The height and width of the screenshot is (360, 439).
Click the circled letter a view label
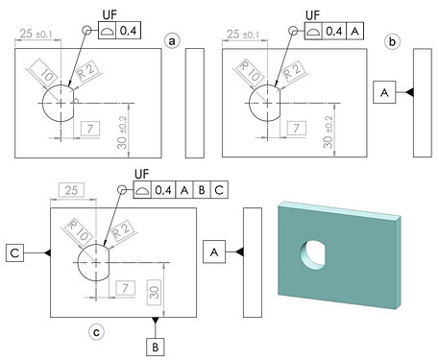(172, 40)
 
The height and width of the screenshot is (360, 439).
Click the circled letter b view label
(393, 41)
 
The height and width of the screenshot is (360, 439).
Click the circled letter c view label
(96, 332)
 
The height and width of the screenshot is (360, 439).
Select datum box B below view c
(156, 347)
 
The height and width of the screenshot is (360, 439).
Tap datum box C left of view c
(14, 252)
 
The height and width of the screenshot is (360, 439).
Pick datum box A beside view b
(384, 92)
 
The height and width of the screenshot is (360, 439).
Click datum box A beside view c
(214, 252)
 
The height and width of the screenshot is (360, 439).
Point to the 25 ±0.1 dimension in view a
(37, 34)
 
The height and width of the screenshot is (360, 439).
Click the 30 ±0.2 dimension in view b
(328, 132)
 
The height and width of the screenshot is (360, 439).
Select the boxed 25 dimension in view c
(71, 190)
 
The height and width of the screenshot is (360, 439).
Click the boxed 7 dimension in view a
(90, 129)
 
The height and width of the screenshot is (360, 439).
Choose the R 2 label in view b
(293, 71)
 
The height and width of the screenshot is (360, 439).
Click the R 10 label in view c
(78, 230)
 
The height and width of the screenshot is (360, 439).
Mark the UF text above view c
(142, 175)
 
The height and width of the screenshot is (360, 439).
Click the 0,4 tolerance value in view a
(128, 31)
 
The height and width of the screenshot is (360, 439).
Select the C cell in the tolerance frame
(219, 190)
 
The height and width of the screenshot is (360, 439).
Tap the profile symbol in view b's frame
(313, 31)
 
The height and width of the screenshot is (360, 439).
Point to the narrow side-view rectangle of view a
(195, 103)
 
